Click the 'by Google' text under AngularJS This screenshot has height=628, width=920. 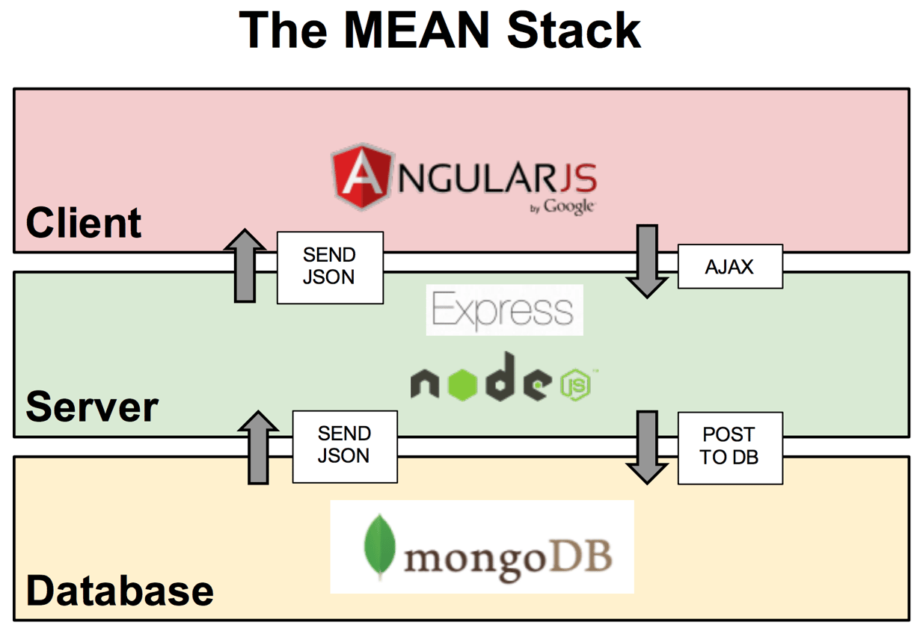coord(562,207)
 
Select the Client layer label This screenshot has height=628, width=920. coord(83,223)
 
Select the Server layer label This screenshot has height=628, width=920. coord(91,407)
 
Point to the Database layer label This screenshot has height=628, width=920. coord(120,591)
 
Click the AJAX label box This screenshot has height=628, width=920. coord(729,267)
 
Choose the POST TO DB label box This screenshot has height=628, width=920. coord(729,446)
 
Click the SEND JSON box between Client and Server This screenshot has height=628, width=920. coord(330,266)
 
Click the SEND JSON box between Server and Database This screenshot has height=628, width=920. coord(344,446)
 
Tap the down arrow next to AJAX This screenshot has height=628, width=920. coord(646,260)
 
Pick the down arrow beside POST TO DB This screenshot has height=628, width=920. coord(646,446)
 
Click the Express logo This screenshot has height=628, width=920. coord(504,310)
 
